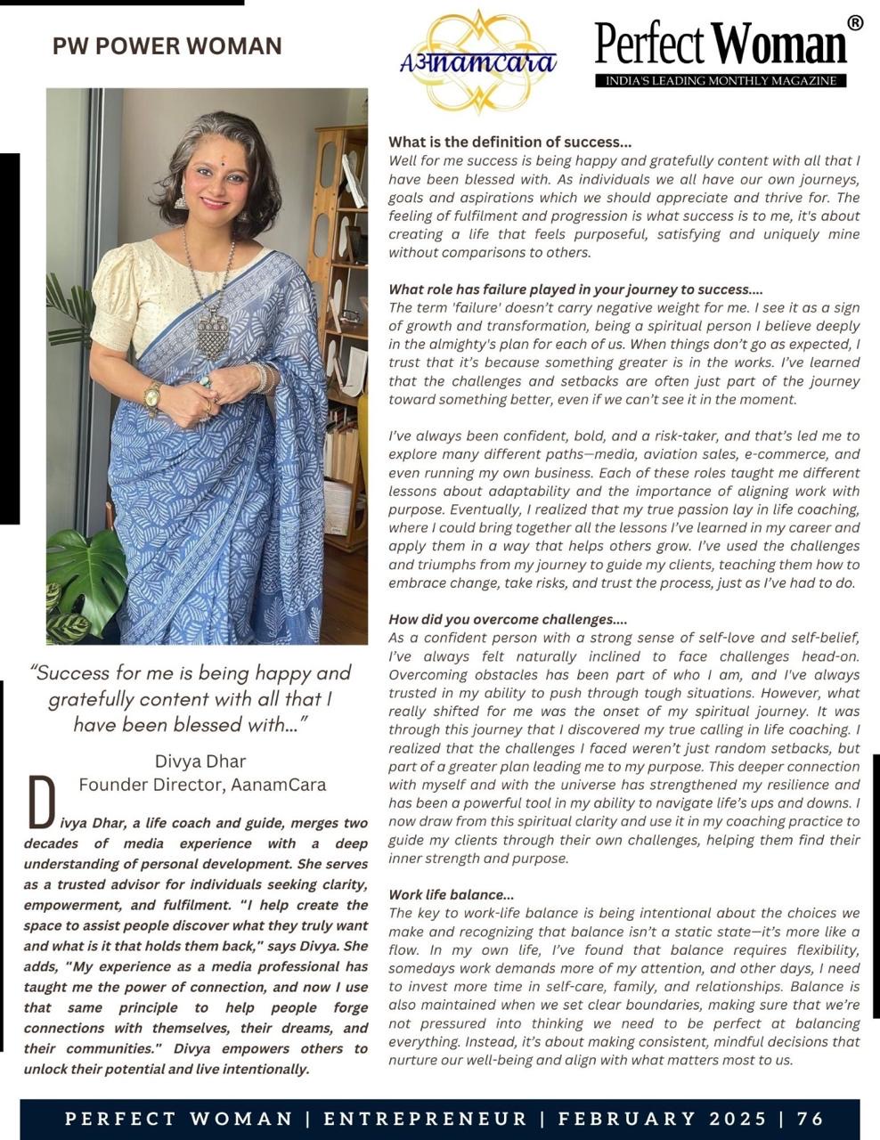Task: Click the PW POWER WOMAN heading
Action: coord(167,46)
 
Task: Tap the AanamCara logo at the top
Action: coord(478,61)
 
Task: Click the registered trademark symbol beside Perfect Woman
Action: coord(854,23)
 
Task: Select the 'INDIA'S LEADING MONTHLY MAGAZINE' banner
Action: coord(721,81)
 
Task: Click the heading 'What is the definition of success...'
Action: coord(510,142)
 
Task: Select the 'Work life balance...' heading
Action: coord(452,894)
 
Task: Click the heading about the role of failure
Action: coord(575,289)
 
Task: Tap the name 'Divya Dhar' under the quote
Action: coord(200,761)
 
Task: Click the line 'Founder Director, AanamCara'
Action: coord(202,785)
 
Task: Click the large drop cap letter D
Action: coord(42,801)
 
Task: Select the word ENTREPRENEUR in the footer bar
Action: coord(426,1119)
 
